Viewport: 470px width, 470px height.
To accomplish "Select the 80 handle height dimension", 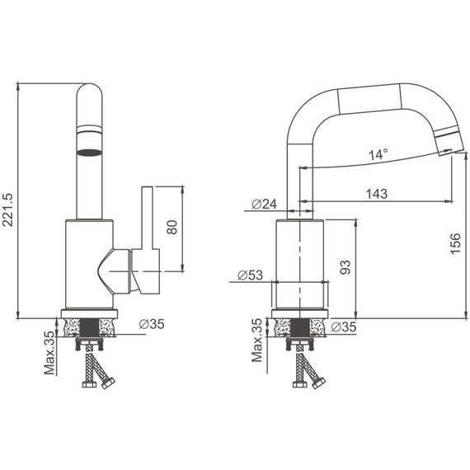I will coord(172,228).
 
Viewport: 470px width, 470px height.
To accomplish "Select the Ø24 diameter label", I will coord(262,204).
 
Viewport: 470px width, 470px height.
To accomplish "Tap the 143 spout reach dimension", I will coord(376,194).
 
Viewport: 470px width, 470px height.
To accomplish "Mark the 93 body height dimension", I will coord(346,266).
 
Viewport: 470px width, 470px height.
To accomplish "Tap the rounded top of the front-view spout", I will coord(89,92).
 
